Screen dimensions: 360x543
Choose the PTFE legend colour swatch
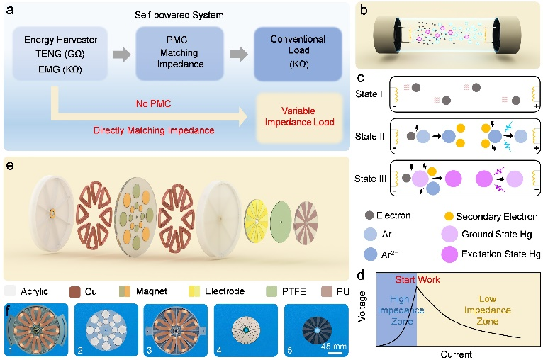[286, 291]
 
